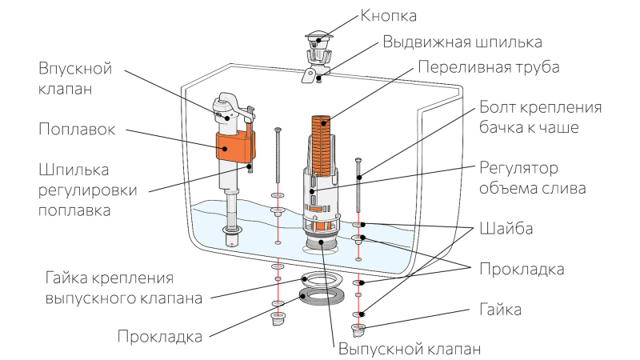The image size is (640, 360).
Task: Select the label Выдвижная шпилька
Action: click(x=462, y=42)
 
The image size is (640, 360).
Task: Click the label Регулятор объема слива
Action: click(x=534, y=178)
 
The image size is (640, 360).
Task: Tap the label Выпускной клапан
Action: click(x=410, y=349)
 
